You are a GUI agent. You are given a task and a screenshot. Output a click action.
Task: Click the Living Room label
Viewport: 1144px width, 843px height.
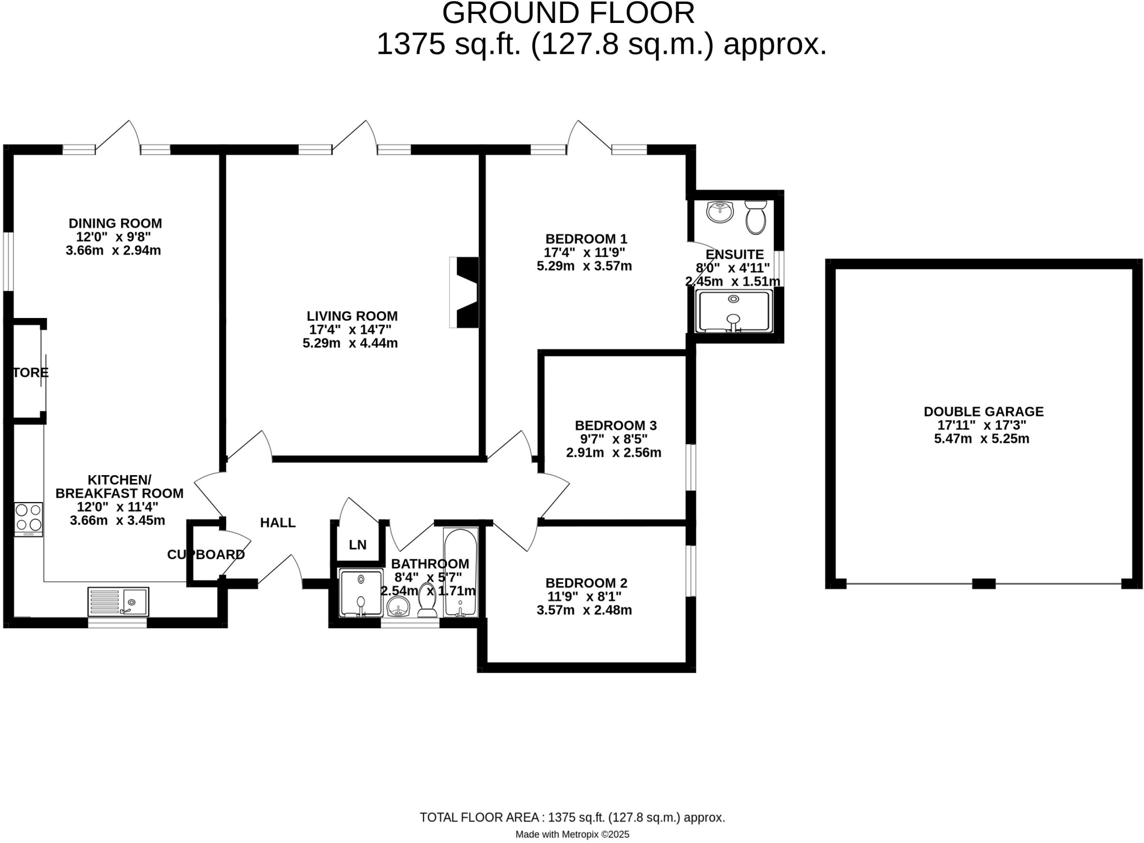click(352, 316)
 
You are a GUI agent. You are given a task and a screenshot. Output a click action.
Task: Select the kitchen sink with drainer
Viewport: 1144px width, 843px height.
click(118, 601)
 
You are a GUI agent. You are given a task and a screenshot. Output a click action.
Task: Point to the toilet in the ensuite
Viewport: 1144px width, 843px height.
click(755, 218)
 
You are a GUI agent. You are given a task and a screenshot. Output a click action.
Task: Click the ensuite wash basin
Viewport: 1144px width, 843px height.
click(719, 212)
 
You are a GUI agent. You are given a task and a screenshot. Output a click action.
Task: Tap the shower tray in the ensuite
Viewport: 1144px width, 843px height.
click(733, 311)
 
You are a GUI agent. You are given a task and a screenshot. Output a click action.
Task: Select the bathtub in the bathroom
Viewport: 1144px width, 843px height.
click(460, 572)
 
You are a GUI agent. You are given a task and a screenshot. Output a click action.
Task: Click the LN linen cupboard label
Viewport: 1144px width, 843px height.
click(357, 544)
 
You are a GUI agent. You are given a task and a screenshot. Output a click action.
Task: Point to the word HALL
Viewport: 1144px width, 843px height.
click(278, 523)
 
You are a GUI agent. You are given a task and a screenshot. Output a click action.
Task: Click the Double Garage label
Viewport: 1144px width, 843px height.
click(983, 411)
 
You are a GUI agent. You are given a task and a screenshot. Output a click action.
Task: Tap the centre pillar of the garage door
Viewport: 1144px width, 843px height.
click(984, 584)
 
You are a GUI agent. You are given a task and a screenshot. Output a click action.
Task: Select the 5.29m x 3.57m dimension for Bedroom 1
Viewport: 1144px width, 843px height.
click(584, 266)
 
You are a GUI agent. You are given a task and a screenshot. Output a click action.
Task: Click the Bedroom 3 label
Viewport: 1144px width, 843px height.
click(616, 425)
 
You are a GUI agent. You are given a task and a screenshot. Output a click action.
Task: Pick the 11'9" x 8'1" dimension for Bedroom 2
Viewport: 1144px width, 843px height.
click(584, 596)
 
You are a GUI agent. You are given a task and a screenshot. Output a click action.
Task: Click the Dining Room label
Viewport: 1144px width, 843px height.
click(115, 223)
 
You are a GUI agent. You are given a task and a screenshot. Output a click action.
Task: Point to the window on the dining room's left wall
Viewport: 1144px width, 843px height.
click(8, 262)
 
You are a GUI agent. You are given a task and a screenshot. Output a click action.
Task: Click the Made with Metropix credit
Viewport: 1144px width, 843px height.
click(572, 834)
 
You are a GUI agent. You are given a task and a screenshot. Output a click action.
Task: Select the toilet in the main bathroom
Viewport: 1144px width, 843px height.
click(428, 602)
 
